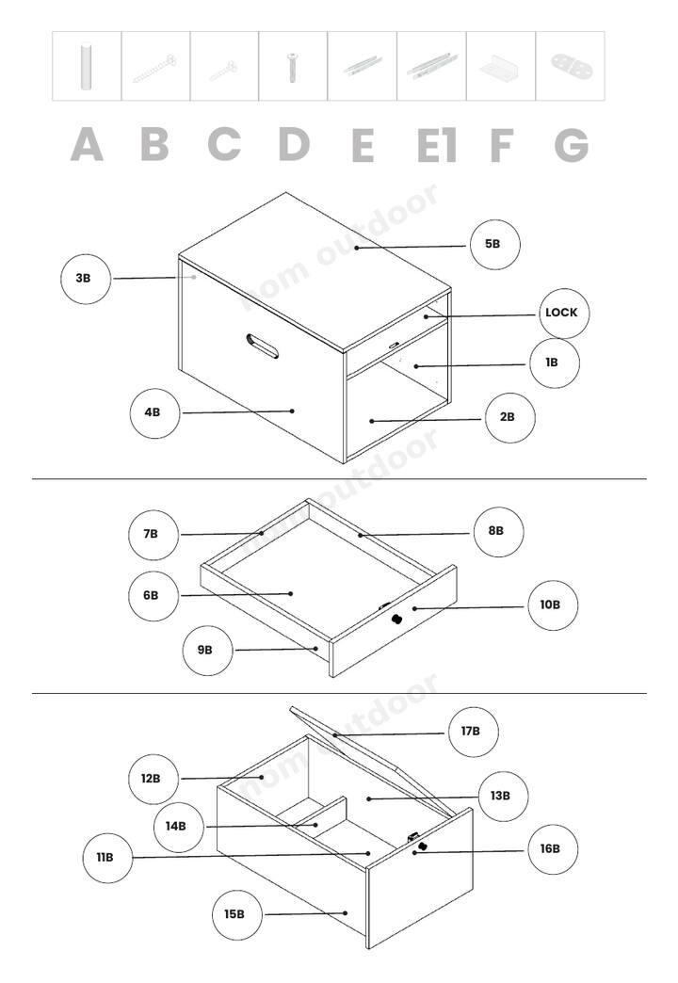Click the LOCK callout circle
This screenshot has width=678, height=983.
click(564, 314)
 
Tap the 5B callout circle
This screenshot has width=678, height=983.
click(495, 245)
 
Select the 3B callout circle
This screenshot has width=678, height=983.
click(86, 279)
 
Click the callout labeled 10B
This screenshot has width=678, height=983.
click(553, 605)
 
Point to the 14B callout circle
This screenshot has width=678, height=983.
click(179, 827)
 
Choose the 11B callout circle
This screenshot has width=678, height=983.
click(107, 858)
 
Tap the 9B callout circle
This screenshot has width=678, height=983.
click(207, 650)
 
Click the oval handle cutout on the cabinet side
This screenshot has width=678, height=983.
click(263, 346)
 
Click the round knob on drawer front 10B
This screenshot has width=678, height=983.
click(397, 620)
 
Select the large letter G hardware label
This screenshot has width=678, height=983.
click(572, 145)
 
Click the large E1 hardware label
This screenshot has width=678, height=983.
click(437, 145)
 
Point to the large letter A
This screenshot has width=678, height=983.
click(87, 145)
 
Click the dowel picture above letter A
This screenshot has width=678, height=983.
click(86, 67)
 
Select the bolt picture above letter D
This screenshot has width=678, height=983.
click(292, 67)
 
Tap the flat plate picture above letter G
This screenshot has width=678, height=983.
click(572, 65)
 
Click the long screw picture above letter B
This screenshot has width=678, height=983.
click(154, 69)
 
